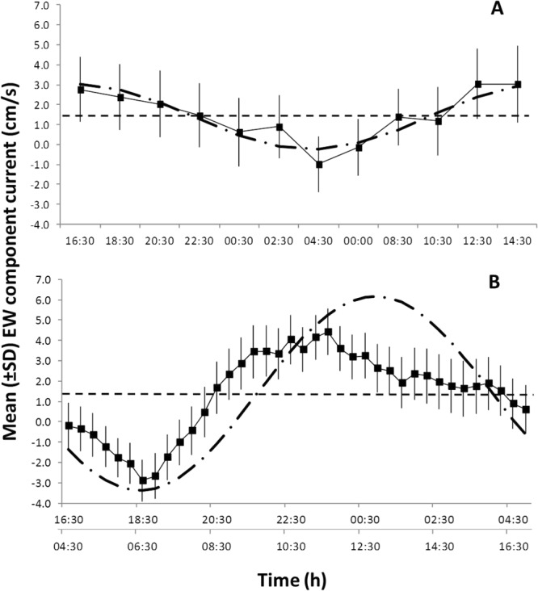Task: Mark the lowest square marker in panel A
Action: click(319, 164)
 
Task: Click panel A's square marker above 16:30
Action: click(81, 90)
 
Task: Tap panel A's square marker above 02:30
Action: click(280, 127)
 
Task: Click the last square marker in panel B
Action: click(526, 409)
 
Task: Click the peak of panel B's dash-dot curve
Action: click(368, 296)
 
